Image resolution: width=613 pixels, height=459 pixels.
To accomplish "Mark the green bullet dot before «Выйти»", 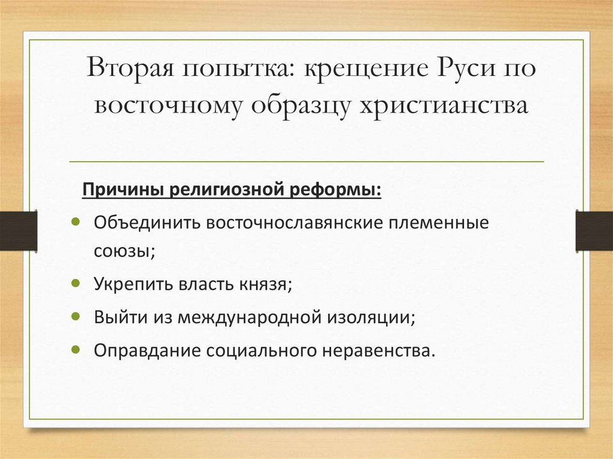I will coord(75,316).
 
